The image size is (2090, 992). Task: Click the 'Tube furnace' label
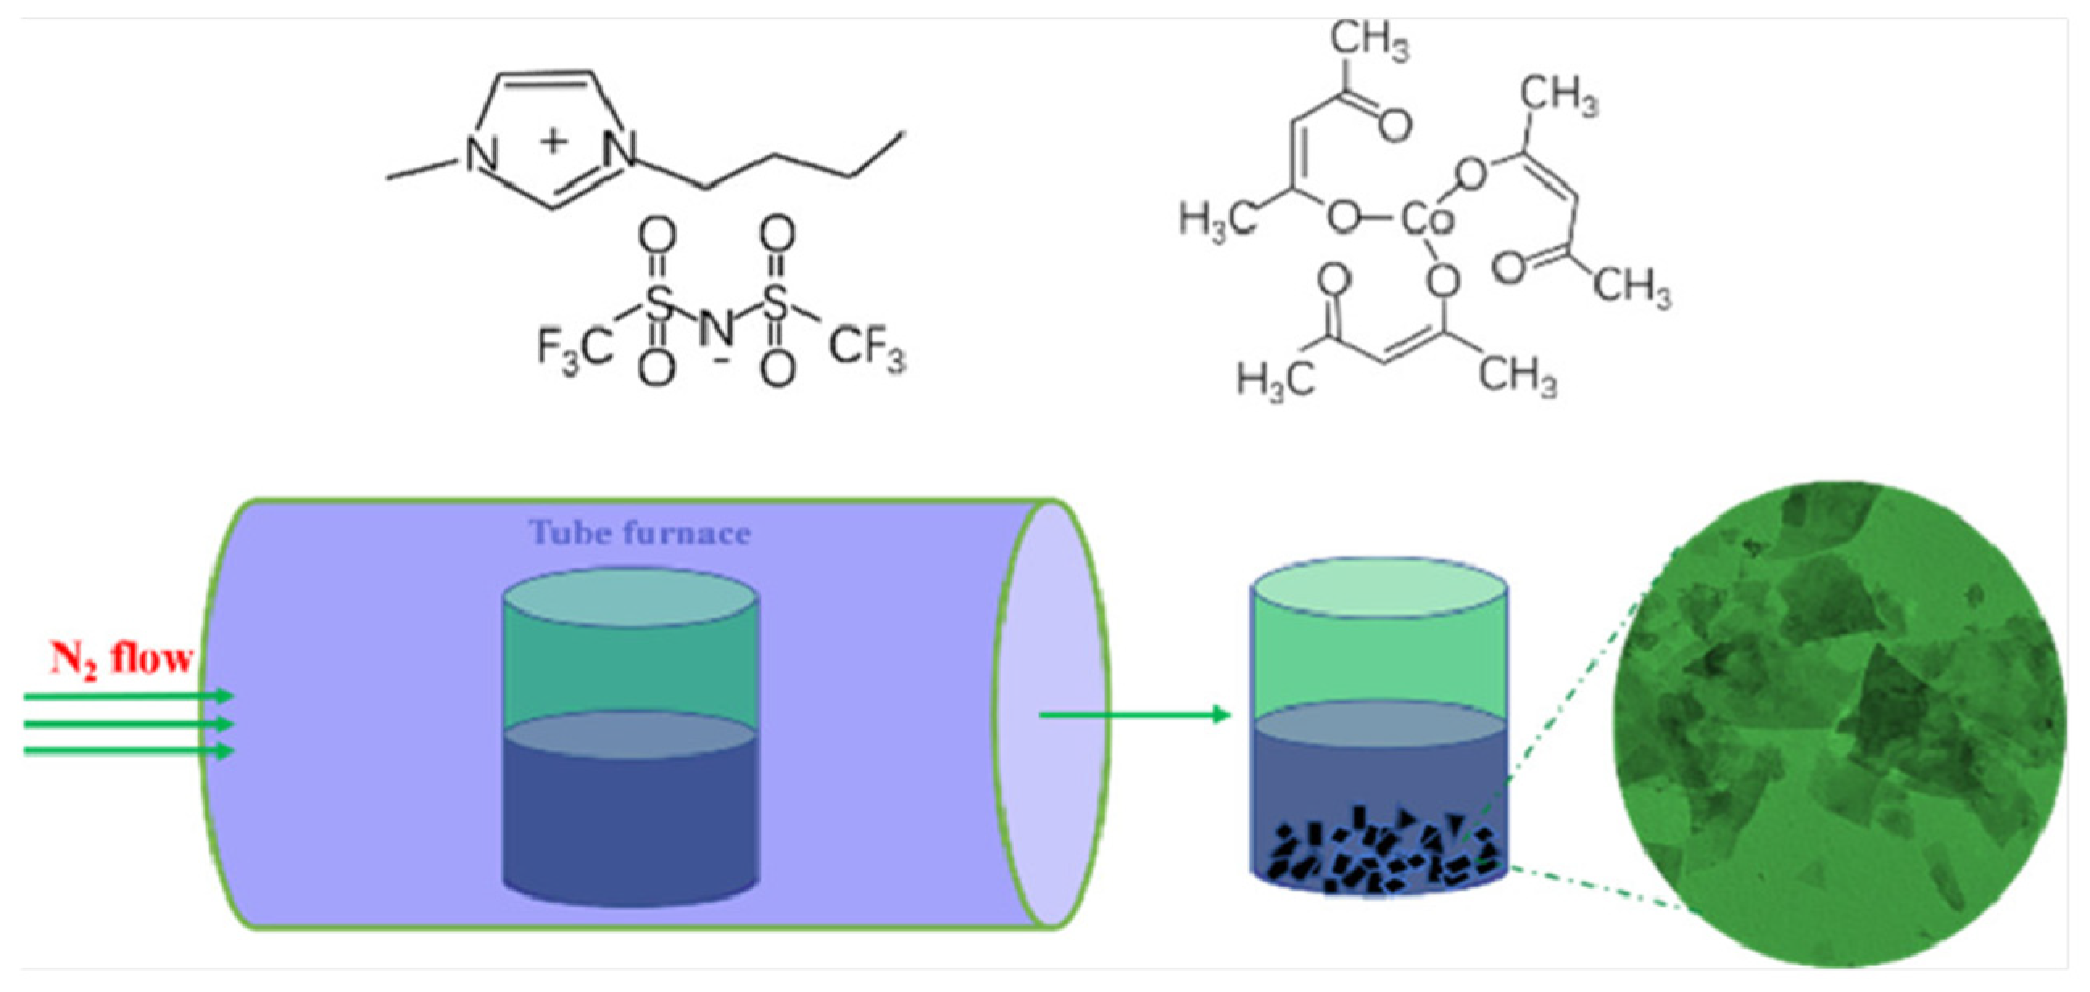[x=640, y=533]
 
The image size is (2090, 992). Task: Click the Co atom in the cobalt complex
[x=1427, y=217]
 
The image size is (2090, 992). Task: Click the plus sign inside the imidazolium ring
[x=554, y=141]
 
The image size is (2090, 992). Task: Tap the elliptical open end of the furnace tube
[x=1051, y=713]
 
